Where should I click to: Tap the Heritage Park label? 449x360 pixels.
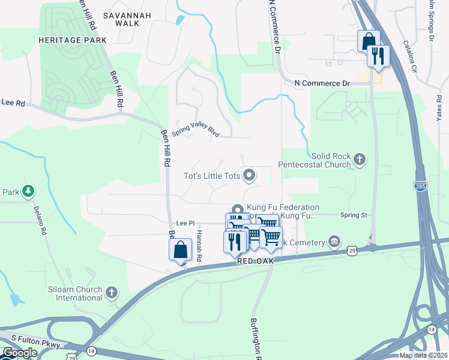pos(72,40)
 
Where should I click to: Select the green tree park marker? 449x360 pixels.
pos(28,191)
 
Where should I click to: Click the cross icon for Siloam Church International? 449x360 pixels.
pos(111,292)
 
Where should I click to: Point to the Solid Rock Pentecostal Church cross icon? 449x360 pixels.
pos(359,159)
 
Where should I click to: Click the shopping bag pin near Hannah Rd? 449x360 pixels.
pos(181,248)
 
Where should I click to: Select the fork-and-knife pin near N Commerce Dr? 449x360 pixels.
pos(378,56)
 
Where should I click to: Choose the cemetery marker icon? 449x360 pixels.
pos(334,242)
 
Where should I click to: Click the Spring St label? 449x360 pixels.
pos(353,215)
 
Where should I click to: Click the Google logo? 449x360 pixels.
pos(20,353)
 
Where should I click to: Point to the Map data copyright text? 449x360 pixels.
pos(423,355)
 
